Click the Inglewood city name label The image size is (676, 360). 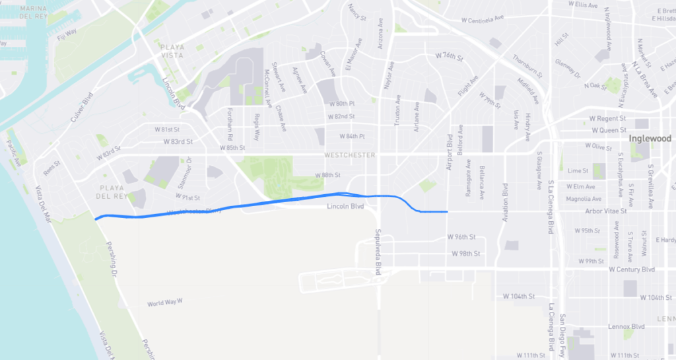point(650,139)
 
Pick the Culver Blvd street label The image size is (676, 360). point(83,111)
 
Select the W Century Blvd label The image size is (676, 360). point(631,270)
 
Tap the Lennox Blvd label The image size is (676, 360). point(628,326)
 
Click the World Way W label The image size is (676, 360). point(164,303)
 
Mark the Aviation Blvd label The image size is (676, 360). point(505,202)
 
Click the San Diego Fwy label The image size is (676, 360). point(562,334)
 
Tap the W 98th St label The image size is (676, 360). point(465,254)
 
